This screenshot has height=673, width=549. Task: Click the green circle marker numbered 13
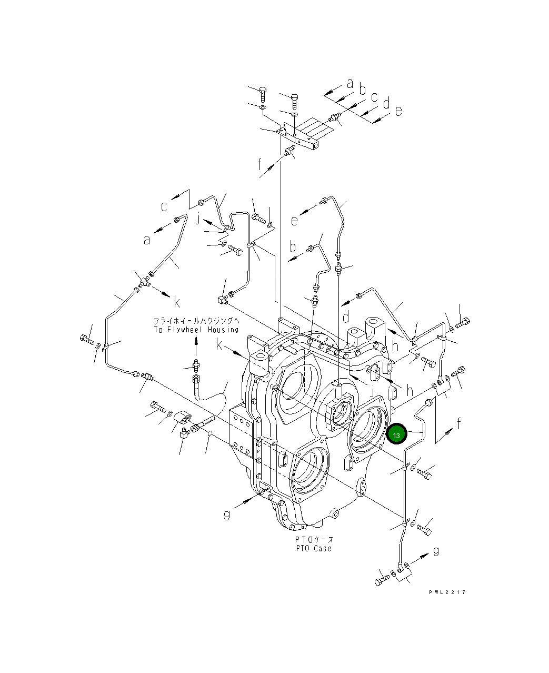[x=396, y=435]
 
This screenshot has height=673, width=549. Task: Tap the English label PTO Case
[x=314, y=548]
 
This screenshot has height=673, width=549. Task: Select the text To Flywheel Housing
[x=196, y=330]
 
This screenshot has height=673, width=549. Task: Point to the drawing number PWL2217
[x=447, y=592]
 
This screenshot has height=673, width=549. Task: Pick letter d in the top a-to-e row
[x=386, y=104]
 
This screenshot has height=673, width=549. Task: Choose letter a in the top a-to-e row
[x=350, y=83]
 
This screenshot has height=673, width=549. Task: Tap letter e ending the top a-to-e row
[x=398, y=111]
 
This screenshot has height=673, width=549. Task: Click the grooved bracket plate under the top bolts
[x=299, y=133]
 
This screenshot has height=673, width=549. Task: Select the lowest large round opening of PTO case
[x=309, y=470]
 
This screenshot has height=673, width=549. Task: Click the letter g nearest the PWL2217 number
[x=436, y=551]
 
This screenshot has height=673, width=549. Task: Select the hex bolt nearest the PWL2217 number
[x=382, y=580]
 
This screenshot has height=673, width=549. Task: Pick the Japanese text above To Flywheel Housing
[x=196, y=321]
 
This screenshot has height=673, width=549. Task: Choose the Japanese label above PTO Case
[x=314, y=540]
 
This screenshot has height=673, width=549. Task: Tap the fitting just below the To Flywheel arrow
[x=196, y=364]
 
